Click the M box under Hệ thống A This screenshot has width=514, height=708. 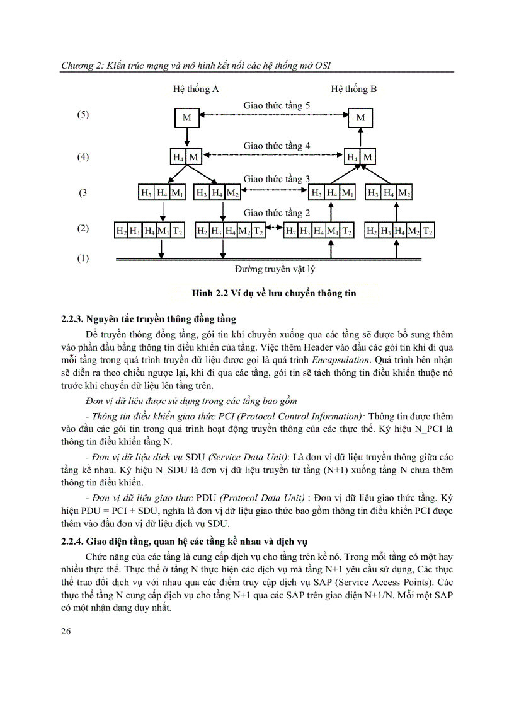click(187, 118)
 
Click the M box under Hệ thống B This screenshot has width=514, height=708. click(360, 118)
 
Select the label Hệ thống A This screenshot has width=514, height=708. click(196, 89)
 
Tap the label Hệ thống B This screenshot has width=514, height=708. click(354, 89)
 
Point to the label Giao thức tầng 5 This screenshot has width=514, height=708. click(277, 105)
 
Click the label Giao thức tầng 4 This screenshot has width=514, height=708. click(277, 146)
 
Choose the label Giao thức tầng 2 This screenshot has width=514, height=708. click(277, 213)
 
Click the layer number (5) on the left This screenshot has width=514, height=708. click(83, 115)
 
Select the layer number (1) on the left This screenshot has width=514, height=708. click(83, 258)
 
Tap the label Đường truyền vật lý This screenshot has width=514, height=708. click(275, 270)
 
